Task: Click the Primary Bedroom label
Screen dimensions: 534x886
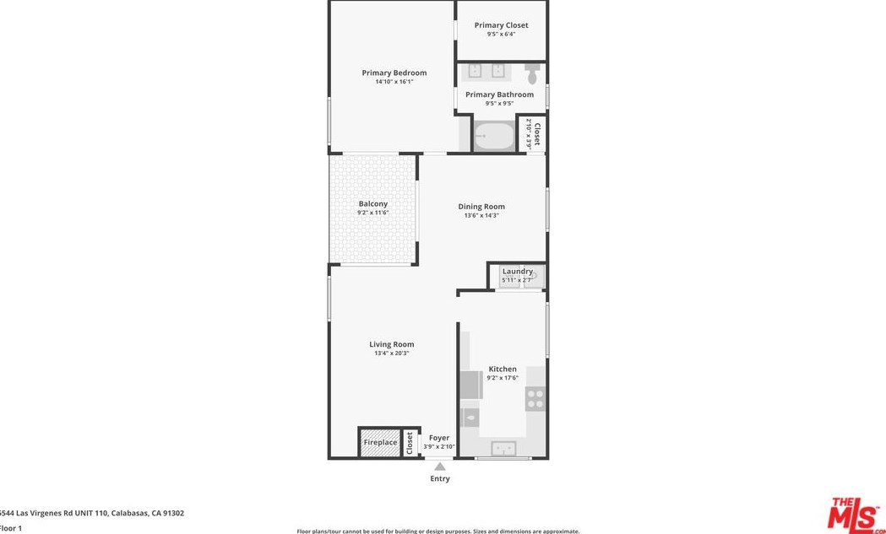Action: click(394, 73)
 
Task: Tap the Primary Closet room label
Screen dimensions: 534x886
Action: click(501, 25)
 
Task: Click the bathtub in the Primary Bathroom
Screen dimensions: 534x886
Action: click(493, 136)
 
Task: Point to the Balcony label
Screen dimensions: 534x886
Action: click(372, 204)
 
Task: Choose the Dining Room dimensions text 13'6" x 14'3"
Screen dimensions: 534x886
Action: click(481, 216)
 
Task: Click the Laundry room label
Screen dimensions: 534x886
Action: click(517, 272)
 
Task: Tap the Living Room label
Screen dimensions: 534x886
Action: click(391, 344)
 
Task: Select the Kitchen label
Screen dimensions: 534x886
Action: click(503, 369)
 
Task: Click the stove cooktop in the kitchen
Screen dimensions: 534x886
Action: click(535, 398)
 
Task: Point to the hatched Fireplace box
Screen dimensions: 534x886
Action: click(380, 443)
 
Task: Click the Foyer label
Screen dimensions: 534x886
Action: click(439, 438)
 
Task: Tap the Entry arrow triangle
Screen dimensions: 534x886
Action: click(440, 466)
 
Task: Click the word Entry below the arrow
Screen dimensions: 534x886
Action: click(440, 479)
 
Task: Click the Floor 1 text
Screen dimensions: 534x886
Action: click(10, 528)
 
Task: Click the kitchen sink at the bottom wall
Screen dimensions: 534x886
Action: click(504, 448)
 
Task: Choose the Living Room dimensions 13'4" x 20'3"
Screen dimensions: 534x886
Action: click(391, 353)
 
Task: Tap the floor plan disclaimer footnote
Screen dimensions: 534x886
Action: click(438, 531)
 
